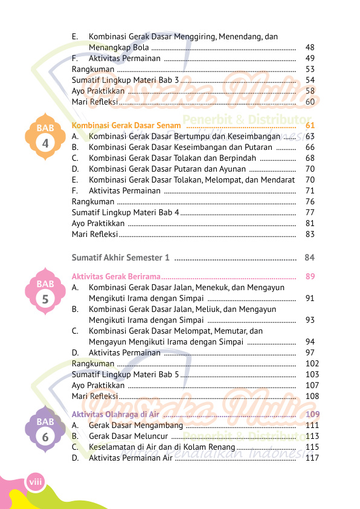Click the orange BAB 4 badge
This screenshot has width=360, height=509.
(45, 136)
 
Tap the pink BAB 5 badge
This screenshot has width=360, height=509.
(45, 291)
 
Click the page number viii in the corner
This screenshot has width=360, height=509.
(34, 481)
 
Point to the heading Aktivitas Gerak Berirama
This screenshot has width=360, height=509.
(116, 276)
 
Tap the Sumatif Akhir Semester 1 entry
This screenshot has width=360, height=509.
(121, 258)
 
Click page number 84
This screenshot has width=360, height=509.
(310, 258)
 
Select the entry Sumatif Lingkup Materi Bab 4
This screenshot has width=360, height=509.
(126, 212)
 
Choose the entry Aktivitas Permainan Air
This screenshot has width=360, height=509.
(130, 458)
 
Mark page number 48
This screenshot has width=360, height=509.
(310, 47)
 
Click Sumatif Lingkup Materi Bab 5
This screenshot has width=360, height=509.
(126, 374)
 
